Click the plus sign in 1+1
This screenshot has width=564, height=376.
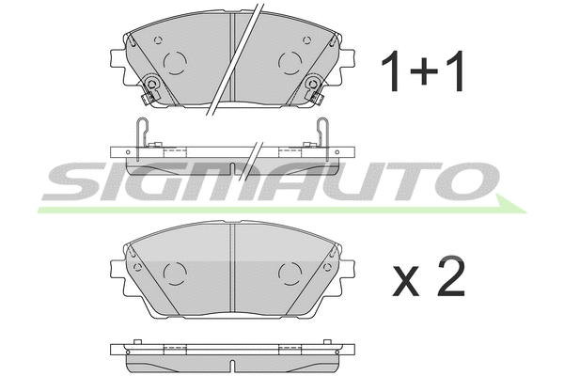(x=421, y=72)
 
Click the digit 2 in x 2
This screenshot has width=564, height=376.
(x=450, y=276)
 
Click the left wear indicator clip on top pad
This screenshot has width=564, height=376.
(x=152, y=91)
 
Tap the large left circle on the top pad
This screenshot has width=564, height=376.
(x=175, y=63)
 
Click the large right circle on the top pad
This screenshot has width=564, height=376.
(x=290, y=63)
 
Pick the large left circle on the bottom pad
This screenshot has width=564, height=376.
(x=175, y=274)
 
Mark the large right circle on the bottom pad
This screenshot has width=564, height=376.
(x=290, y=274)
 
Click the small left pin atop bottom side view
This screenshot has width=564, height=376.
(x=137, y=341)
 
